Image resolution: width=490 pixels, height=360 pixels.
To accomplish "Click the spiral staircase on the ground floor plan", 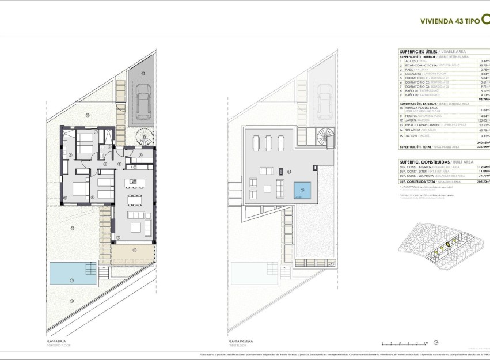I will point(142,137).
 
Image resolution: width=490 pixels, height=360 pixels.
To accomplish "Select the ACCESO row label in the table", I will point(408,60).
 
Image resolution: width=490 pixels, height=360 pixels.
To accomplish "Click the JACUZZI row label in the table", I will point(408,136).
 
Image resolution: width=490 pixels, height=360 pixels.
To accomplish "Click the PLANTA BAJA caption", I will point(56,340).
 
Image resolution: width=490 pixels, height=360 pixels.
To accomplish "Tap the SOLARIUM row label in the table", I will point(411,131).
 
